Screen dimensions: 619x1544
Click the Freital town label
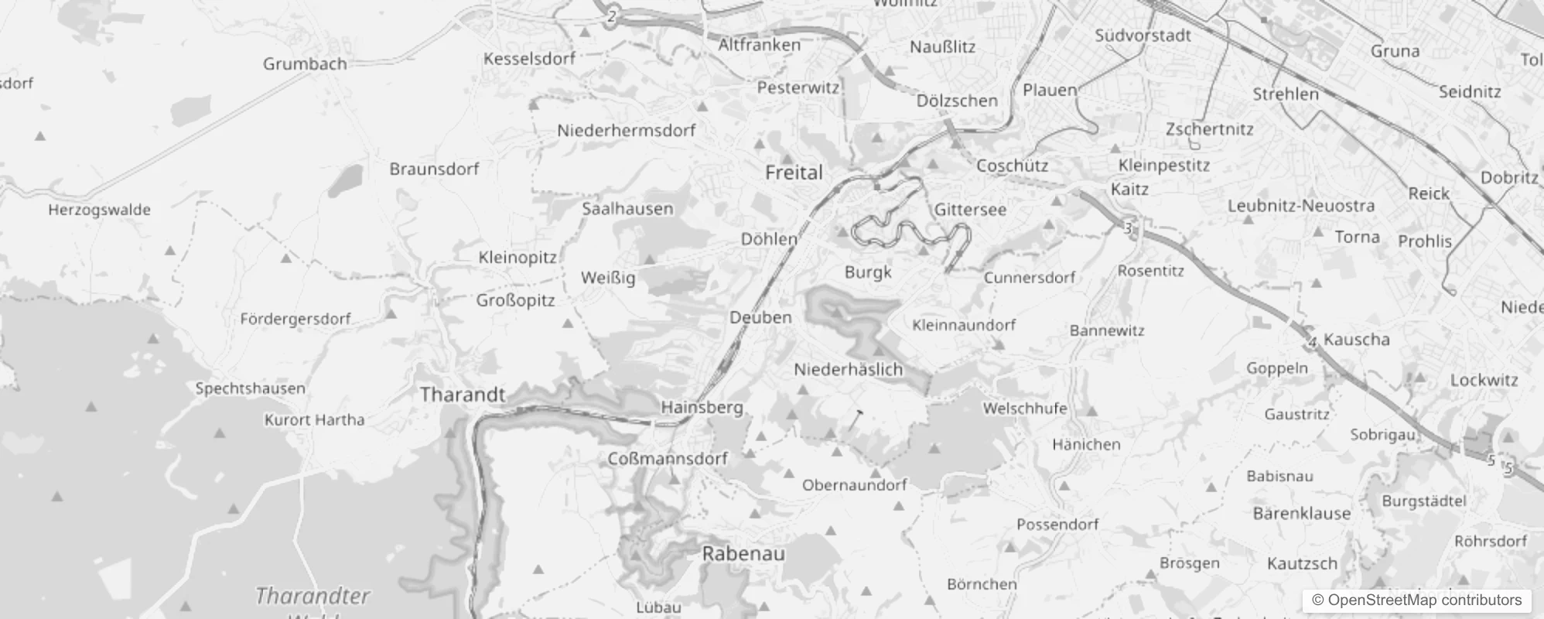(794, 172)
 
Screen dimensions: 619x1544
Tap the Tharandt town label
(463, 395)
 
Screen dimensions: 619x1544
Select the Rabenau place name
(743, 554)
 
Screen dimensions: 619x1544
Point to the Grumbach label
(305, 64)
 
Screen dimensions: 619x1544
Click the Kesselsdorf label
(529, 59)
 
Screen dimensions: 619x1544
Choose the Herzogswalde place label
(99, 210)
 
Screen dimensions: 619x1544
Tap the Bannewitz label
(1107, 330)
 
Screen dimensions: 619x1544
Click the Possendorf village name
(1057, 525)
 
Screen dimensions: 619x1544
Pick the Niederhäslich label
(849, 370)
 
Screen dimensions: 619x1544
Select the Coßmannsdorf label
(668, 459)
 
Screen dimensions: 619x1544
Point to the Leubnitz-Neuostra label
(1301, 207)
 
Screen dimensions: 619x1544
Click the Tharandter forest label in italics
(313, 597)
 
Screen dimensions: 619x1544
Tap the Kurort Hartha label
(314, 420)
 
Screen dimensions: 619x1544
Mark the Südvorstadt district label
(1143, 36)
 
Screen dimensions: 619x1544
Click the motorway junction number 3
(1129, 228)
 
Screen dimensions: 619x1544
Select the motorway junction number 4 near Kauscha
(1312, 342)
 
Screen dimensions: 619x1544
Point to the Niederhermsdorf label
(627, 131)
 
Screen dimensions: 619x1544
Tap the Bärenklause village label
(1301, 514)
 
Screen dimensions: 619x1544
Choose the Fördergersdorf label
(295, 319)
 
